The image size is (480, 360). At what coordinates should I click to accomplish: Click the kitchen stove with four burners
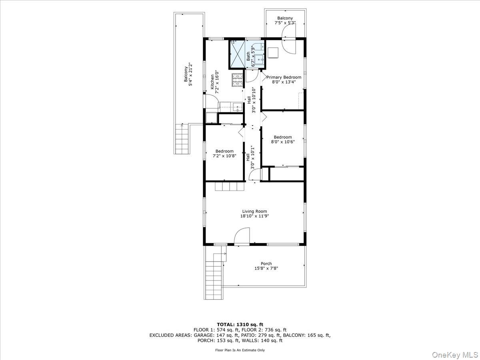coord(237,80)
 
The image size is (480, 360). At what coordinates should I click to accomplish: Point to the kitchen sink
coord(237,107)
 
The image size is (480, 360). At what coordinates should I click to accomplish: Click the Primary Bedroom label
coord(284,77)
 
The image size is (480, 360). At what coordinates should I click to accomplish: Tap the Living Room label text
coord(254,212)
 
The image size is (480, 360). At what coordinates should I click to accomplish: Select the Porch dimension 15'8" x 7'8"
coord(266,268)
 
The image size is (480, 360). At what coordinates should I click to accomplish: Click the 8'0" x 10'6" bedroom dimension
coord(283,142)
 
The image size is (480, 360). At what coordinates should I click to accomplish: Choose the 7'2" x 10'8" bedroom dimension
coord(224,156)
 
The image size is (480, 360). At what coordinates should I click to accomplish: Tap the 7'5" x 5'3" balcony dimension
coord(285,23)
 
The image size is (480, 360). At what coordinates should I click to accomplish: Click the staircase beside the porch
coord(213,276)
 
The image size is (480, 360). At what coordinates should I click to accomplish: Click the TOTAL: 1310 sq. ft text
coord(240,324)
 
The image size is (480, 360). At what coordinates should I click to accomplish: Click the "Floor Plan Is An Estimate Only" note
coord(240,350)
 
